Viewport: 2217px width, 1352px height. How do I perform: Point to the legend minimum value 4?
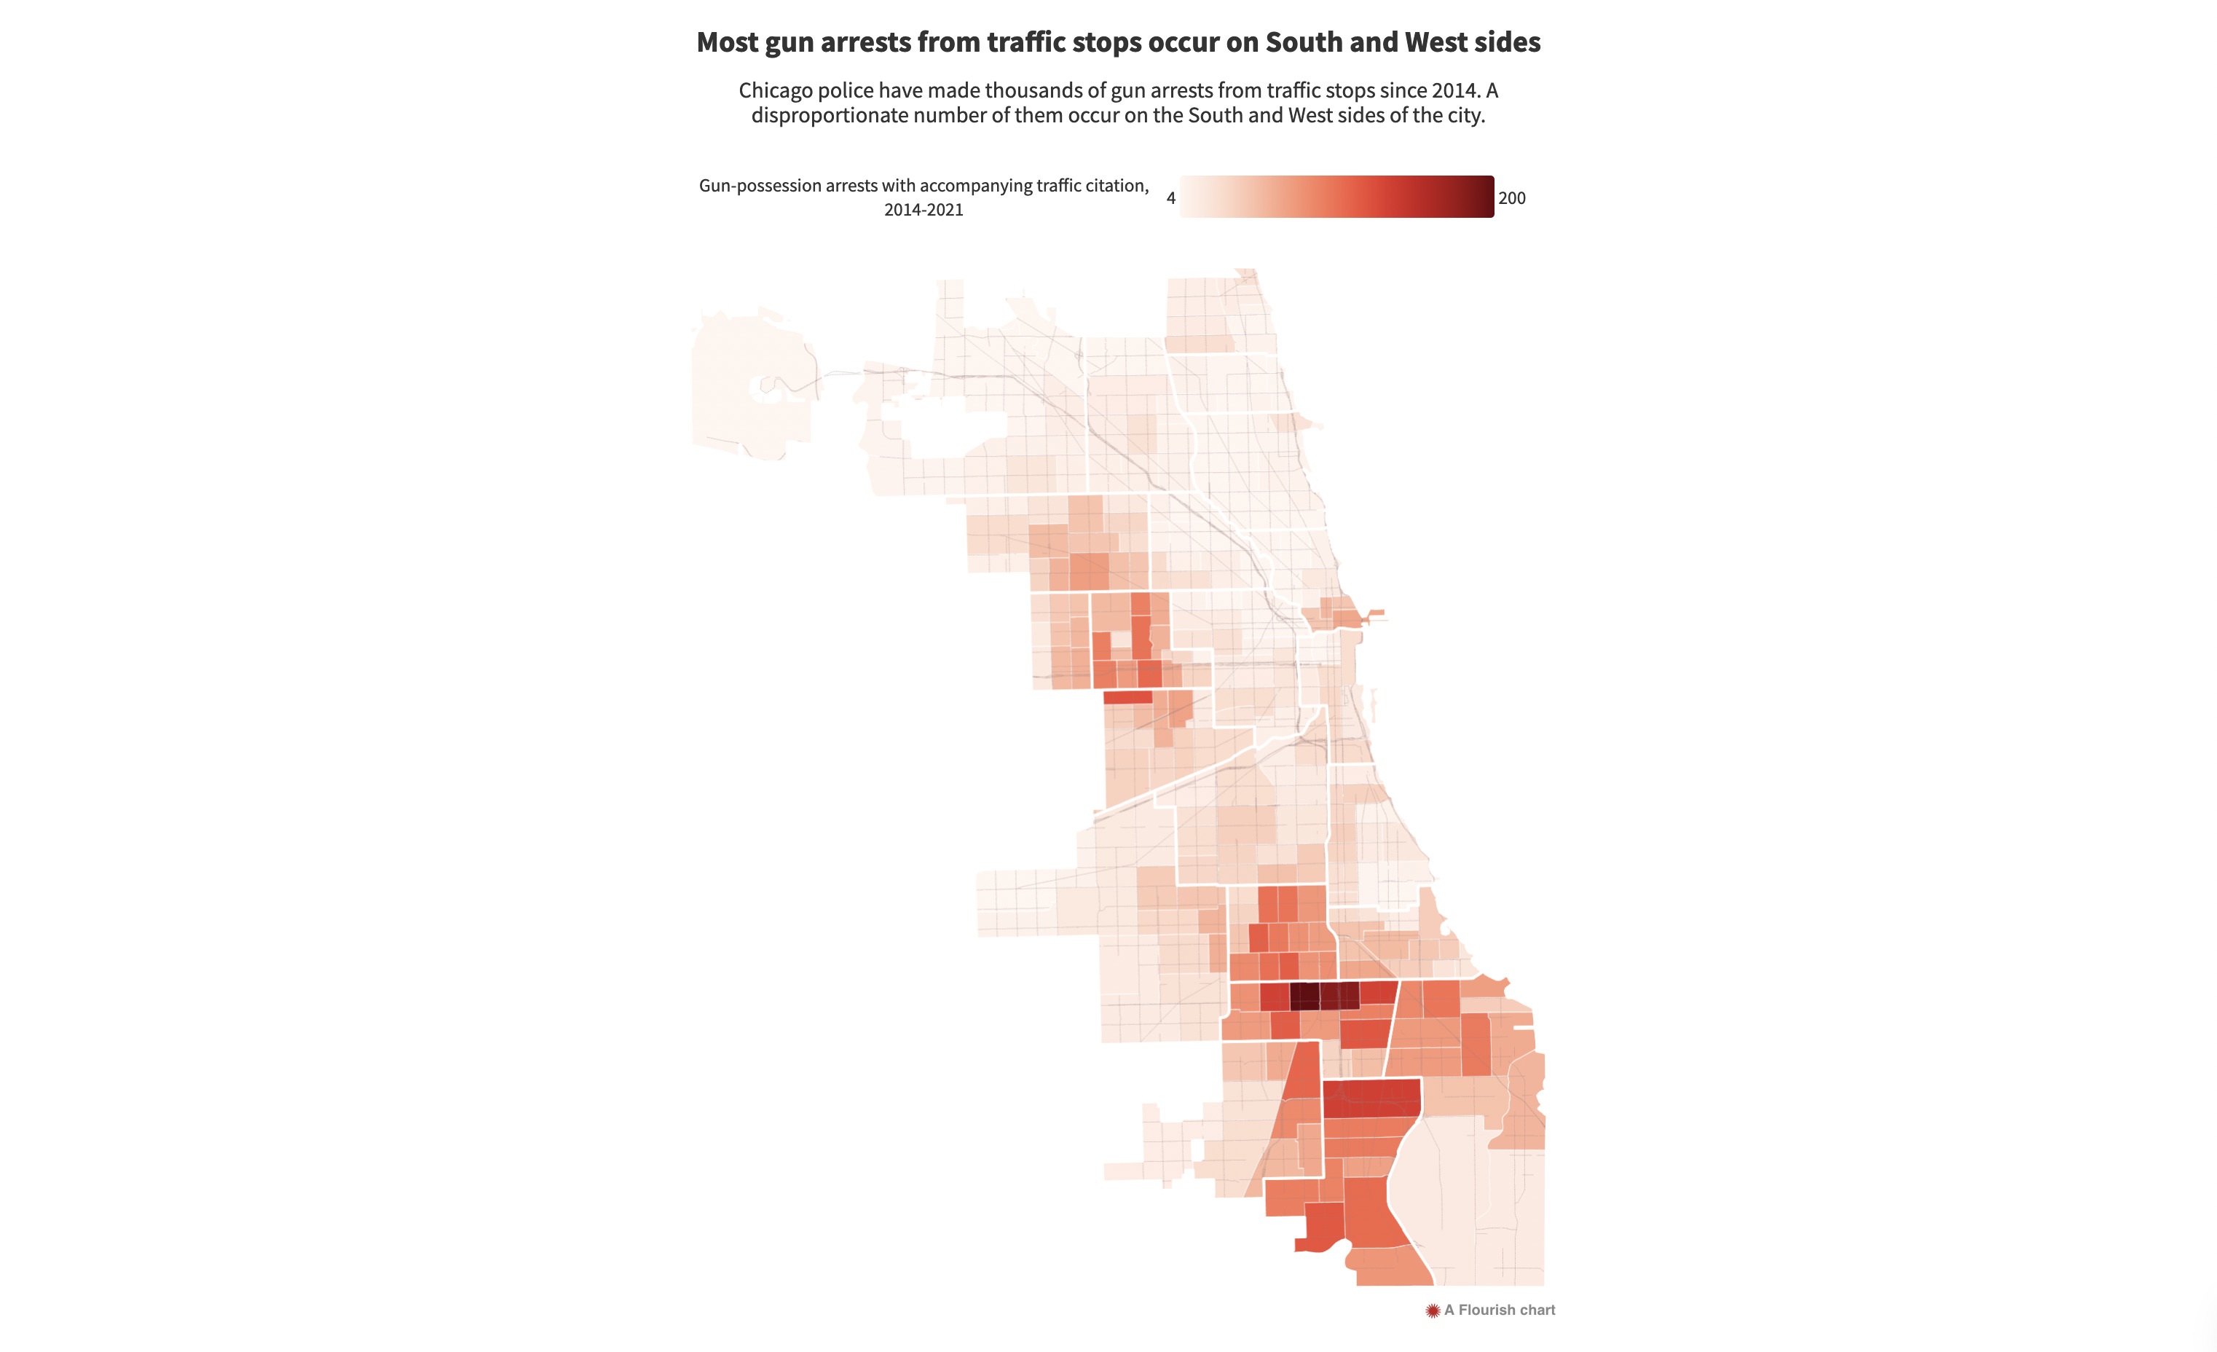(1170, 198)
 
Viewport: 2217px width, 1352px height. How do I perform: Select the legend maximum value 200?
(1511, 198)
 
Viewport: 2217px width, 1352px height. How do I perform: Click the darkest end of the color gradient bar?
(1486, 196)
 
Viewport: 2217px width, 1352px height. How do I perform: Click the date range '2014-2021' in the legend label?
(924, 210)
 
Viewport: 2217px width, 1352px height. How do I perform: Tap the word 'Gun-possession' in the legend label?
(760, 186)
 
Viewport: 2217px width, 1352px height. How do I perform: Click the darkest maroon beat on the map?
(1304, 996)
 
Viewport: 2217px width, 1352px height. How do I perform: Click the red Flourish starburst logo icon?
(1433, 1310)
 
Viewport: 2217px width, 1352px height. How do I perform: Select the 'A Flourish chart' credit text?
(1499, 1310)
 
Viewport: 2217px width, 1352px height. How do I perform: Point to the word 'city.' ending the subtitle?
(1465, 115)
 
